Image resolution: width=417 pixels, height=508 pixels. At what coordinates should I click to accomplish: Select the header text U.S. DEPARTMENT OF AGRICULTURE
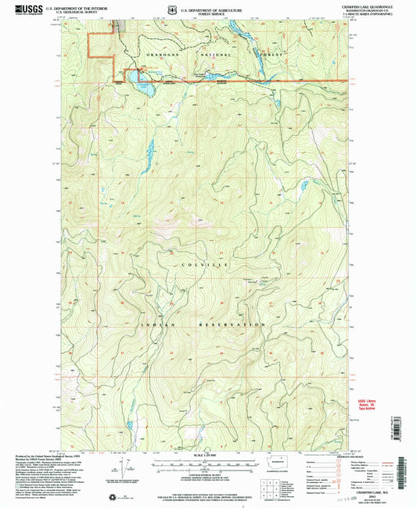[x=207, y=5]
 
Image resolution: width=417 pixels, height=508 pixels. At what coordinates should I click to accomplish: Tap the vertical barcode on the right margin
[x=410, y=445]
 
